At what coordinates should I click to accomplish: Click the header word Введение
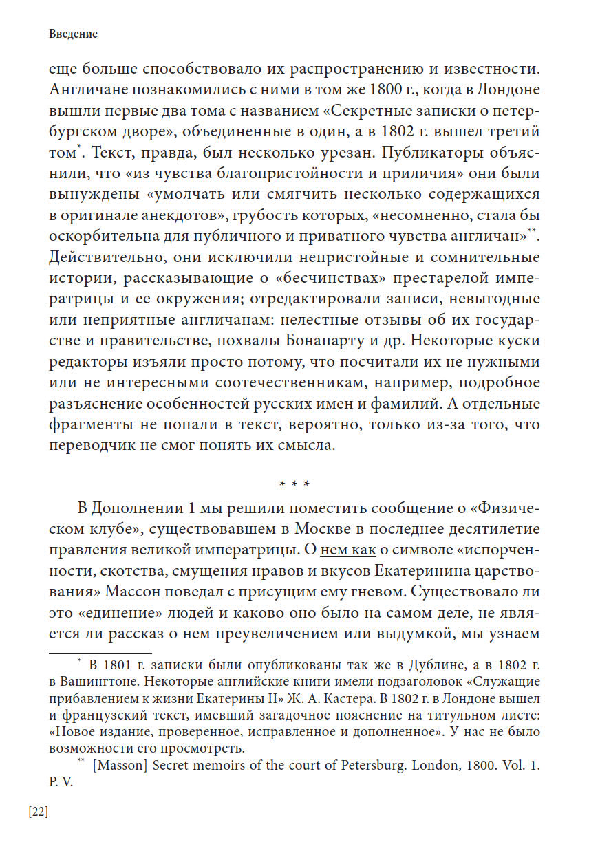coord(73,34)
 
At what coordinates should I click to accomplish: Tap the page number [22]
coord(38,812)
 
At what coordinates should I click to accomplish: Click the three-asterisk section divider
coord(294,484)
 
